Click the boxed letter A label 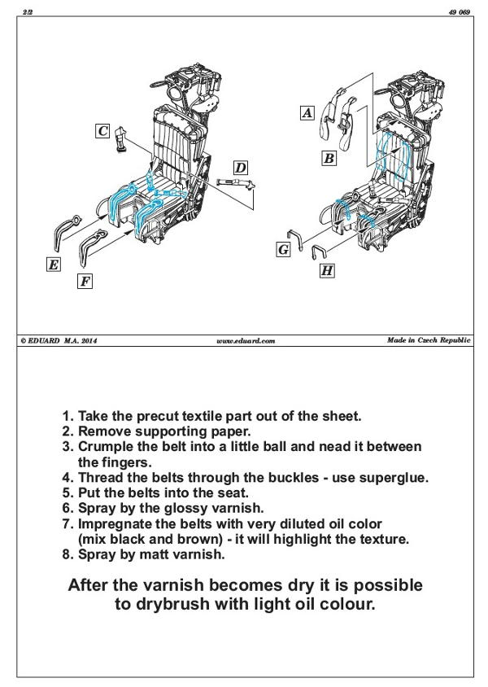307,113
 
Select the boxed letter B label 329,158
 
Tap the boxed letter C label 102,131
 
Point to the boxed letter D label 240,168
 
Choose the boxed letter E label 53,264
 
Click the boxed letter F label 85,281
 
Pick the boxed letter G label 283,249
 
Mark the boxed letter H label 326,270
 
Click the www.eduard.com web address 246,341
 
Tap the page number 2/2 28,11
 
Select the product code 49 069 459,11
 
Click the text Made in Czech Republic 428,340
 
